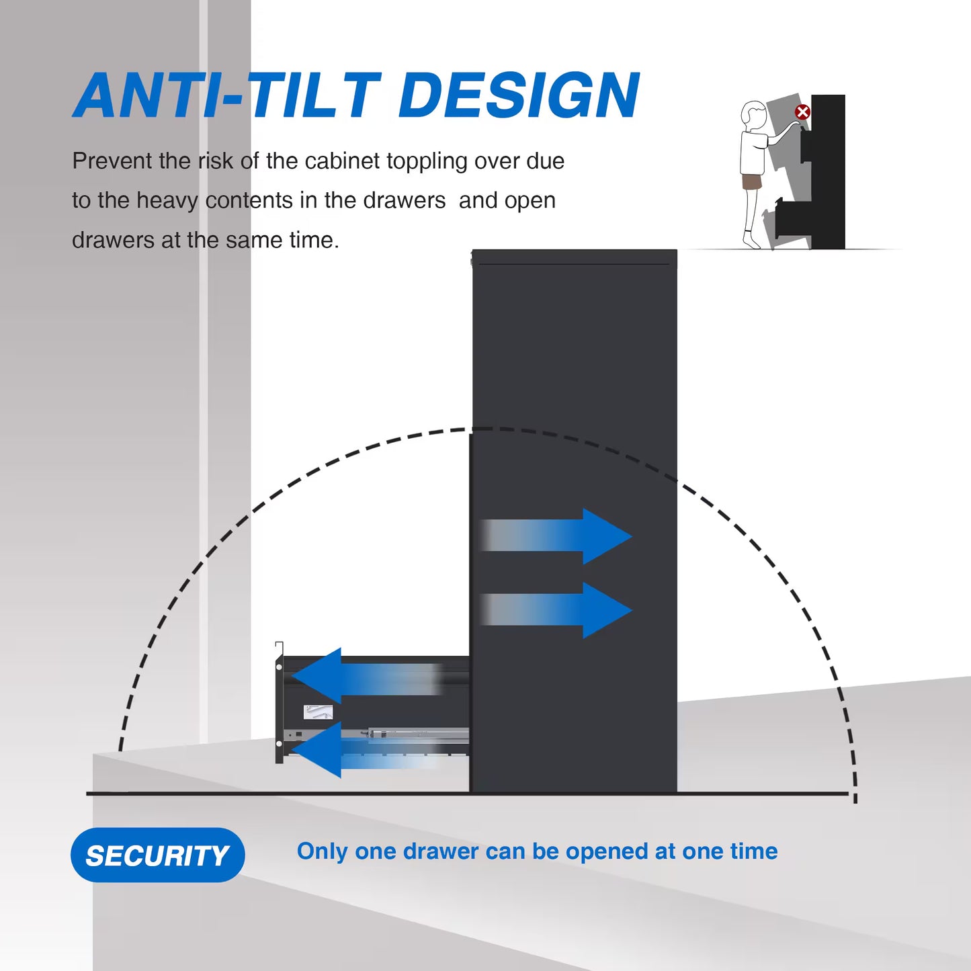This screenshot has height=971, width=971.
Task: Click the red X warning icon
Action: tap(803, 112)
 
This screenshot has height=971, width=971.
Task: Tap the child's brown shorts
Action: tap(750, 181)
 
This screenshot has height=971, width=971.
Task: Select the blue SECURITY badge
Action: tap(158, 855)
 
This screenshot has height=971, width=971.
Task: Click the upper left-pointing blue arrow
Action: tap(368, 676)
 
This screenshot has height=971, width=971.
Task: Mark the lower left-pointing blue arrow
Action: tap(368, 749)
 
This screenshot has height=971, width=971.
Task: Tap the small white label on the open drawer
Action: tap(318, 712)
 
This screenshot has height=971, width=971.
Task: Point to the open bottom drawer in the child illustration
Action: tap(791, 220)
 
